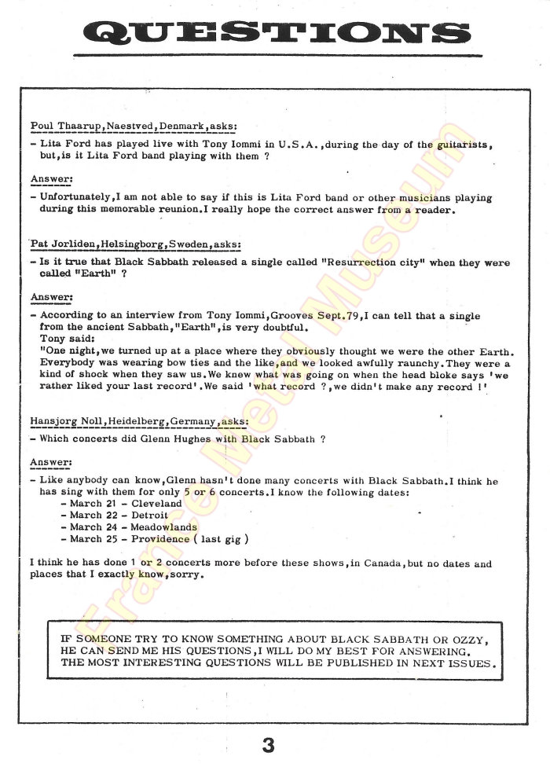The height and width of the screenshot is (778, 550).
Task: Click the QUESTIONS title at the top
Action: click(275, 33)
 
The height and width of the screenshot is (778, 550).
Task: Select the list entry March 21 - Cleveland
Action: click(126, 503)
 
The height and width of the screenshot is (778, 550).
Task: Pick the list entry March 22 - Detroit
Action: click(119, 515)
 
